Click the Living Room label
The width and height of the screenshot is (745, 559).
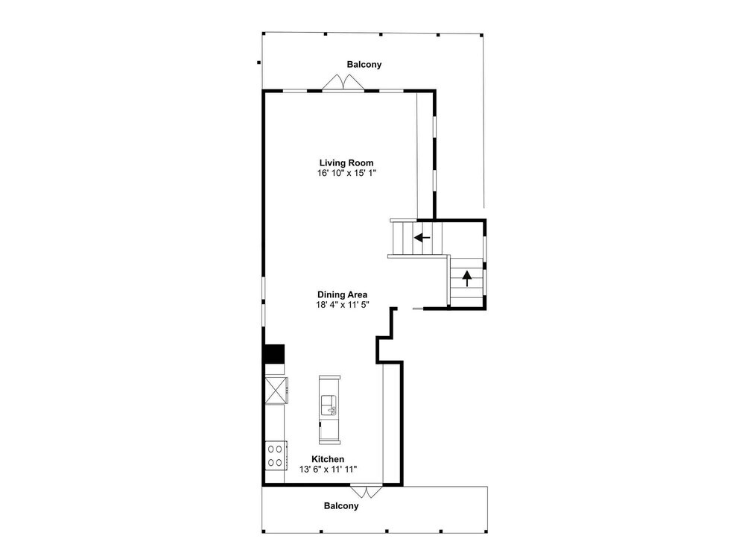point(346,163)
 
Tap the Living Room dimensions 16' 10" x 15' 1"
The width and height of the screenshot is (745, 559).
point(346,173)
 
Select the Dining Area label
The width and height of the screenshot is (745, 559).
point(342,294)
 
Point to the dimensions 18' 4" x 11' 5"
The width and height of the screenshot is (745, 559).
point(343,305)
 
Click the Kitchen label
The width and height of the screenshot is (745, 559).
point(328,459)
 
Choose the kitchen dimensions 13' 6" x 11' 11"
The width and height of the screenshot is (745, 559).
point(328,469)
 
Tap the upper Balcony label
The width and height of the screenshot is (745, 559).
point(364,65)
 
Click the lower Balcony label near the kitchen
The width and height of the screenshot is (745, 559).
point(341,506)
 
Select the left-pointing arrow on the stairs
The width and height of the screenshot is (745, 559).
point(422,237)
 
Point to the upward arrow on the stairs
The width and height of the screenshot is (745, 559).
point(467,278)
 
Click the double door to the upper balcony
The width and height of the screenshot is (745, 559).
point(343,82)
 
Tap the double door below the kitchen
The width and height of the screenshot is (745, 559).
point(366,491)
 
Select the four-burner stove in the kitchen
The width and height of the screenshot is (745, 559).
point(276,455)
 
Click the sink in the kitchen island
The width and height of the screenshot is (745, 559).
point(329,405)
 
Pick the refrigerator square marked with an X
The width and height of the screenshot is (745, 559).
point(276,391)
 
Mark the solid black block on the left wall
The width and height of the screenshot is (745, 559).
point(274,353)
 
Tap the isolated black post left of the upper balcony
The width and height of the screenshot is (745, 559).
point(259,63)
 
